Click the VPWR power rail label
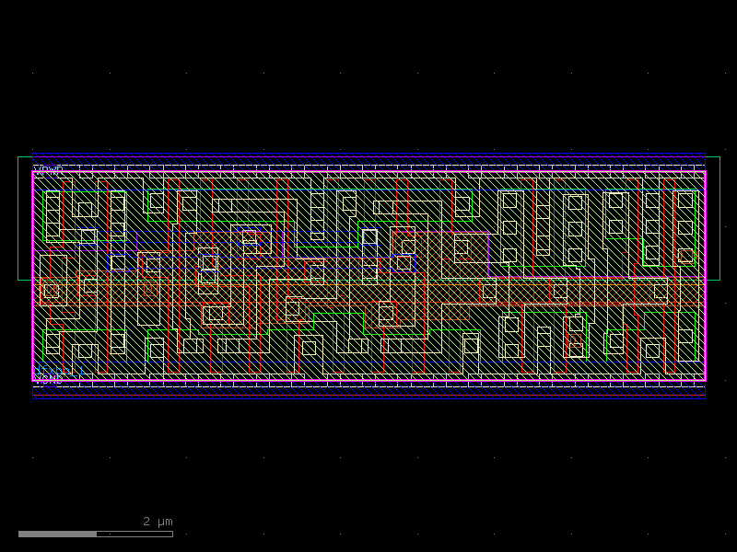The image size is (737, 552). [48, 168]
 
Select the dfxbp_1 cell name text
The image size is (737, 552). [60, 371]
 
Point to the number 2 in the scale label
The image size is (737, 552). [146, 522]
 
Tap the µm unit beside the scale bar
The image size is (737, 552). [164, 522]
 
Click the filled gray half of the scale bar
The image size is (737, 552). [57, 534]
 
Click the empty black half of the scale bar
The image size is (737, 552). [135, 534]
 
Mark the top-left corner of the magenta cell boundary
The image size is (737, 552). [33, 172]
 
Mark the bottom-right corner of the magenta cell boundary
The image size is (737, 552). [706, 380]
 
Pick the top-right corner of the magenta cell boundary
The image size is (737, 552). [706, 172]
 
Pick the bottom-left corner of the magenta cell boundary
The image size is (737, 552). [33, 380]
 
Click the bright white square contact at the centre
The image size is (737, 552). [369, 237]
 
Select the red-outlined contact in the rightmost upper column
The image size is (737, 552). [685, 255]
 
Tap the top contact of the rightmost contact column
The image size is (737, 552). [685, 201]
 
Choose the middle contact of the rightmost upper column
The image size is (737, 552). [685, 227]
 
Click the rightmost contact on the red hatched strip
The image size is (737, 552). [661, 291]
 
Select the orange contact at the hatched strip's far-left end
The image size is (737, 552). [52, 291]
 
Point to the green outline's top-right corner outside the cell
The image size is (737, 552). [719, 157]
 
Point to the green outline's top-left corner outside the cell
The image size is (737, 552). [18, 157]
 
